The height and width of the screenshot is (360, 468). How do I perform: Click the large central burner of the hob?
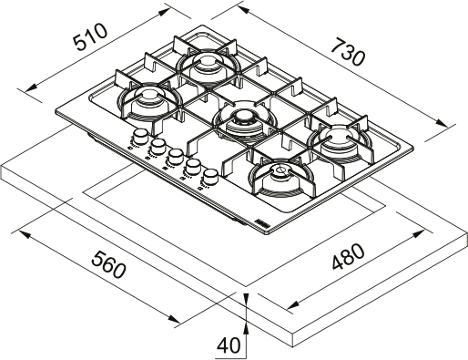240,119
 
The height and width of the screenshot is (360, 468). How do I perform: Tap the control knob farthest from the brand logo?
140,137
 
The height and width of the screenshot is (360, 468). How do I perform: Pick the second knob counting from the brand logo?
193,166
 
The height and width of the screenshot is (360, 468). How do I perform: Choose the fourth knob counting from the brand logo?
158,146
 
